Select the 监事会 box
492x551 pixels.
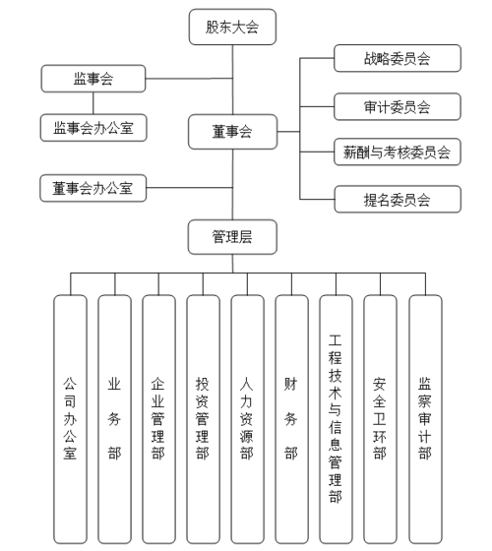(93, 78)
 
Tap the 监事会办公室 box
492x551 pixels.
(93, 126)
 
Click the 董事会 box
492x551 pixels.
(232, 130)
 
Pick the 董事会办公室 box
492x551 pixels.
(93, 187)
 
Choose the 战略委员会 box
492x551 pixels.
(397, 59)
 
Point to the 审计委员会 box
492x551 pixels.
(397, 106)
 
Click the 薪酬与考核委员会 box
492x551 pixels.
(397, 153)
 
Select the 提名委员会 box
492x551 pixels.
(397, 201)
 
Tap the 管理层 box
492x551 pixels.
(232, 235)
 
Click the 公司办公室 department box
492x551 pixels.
(70, 417)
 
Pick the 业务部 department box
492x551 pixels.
(114, 417)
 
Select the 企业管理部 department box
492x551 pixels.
(158, 417)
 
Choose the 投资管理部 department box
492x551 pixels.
(203, 417)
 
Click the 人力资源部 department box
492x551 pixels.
(247, 417)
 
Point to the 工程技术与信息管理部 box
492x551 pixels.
(336, 417)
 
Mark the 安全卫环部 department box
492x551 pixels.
(380, 417)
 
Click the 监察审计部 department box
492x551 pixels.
(424, 417)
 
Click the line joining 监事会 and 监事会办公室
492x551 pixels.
(93, 102)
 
